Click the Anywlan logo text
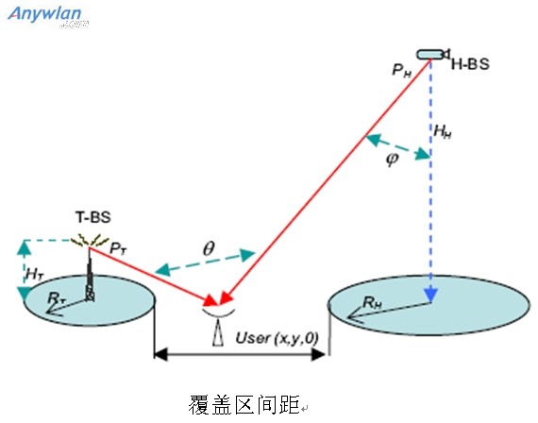(44, 14)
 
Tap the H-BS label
(470, 64)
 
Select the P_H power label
(402, 71)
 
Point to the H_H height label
(443, 132)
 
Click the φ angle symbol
(393, 159)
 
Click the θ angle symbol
(209, 248)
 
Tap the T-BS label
(93, 217)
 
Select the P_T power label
(118, 248)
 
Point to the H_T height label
(35, 275)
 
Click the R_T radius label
(57, 298)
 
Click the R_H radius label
(373, 303)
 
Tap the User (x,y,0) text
(277, 339)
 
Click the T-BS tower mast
(90, 275)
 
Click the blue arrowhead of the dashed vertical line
(430, 296)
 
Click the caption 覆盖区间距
(244, 404)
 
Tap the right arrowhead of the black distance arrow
(318, 354)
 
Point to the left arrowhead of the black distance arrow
(160, 354)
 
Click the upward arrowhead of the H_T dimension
(25, 247)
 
